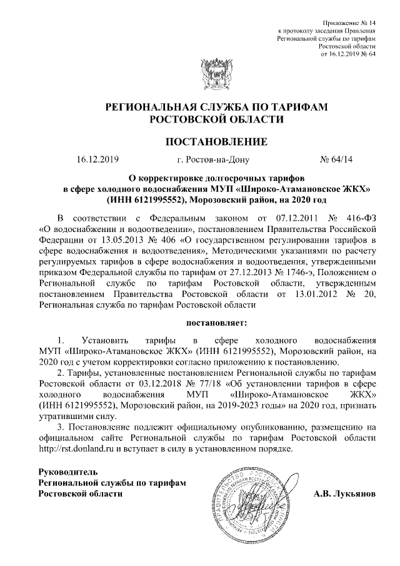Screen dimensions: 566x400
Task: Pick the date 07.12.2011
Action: coord(293,218)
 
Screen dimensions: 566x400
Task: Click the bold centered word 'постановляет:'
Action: coord(216,323)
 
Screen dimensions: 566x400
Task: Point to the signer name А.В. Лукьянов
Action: coord(345,494)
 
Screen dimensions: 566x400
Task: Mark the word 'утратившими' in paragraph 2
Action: coord(63,418)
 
